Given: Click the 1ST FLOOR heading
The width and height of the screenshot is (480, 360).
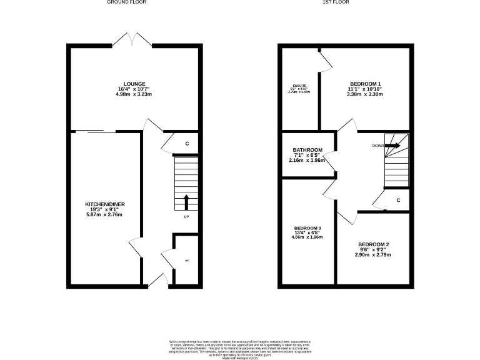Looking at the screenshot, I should pos(335,2).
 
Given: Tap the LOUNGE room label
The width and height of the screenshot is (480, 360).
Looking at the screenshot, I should pos(134,84).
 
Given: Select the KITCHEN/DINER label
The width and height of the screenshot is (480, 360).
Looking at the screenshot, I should pos(104,204).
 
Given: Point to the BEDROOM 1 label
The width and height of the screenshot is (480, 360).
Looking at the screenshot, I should pos(366,84).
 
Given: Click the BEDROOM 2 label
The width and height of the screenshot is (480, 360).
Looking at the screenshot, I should pos(374,244).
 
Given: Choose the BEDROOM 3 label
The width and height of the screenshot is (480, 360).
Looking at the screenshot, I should pos(307,227).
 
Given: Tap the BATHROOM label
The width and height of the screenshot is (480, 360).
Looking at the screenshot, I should pos(307,150).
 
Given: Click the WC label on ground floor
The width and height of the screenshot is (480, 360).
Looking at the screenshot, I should pos(186,261).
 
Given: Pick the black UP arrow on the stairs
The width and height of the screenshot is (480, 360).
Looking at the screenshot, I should pos(186,202).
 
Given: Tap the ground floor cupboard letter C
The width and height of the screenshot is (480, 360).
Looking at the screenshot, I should pos(187,144).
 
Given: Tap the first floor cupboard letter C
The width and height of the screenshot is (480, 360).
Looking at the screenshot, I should pos(398,200).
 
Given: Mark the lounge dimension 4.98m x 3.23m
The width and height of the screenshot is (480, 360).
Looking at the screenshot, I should pos(134,94).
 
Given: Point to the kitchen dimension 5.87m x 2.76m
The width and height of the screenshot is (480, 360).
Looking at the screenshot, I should pos(104,215).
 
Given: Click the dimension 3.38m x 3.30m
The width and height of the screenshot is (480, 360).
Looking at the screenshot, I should pos(366,94).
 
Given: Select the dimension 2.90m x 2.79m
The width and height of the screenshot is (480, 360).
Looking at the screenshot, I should pos(374,255).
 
